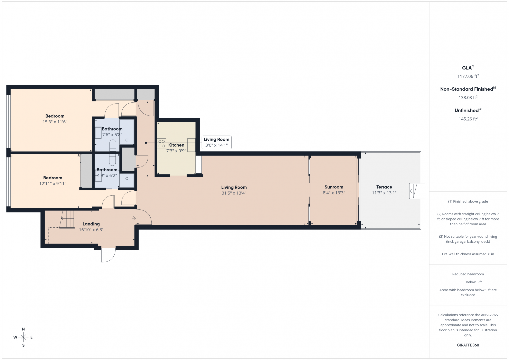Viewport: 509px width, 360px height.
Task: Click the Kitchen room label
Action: pyautogui.click(x=176, y=145)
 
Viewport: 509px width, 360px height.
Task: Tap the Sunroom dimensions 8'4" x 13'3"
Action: pyautogui.click(x=334, y=193)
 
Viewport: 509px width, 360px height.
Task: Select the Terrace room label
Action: pyautogui.click(x=384, y=187)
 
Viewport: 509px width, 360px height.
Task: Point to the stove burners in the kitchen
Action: pyautogui.click(x=162, y=144)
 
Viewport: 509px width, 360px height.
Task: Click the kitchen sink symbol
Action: pyautogui.click(x=191, y=145)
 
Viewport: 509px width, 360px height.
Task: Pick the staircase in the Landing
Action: pyautogui.click(x=67, y=219)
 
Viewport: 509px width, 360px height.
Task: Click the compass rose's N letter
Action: pyautogui.click(x=23, y=329)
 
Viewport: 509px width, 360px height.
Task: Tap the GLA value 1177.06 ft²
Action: pyautogui.click(x=468, y=76)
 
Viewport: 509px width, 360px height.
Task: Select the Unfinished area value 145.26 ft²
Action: pyautogui.click(x=468, y=119)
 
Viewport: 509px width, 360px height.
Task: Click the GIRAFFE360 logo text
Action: pyautogui.click(x=468, y=345)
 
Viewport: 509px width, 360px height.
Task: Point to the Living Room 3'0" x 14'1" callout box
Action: pyautogui.click(x=216, y=142)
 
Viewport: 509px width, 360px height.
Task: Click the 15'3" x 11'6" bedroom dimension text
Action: pyautogui.click(x=55, y=122)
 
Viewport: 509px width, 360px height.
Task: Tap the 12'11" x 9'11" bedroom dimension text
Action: pyautogui.click(x=53, y=184)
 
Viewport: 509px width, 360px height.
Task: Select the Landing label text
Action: pyautogui.click(x=91, y=224)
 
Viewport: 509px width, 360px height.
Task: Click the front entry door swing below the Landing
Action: pyautogui.click(x=108, y=255)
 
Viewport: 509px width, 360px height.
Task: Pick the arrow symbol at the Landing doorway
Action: pyautogui.click(x=134, y=218)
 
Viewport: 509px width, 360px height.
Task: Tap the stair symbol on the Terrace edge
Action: pyautogui.click(x=417, y=191)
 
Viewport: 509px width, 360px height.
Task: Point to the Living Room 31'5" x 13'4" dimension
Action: pyautogui.click(x=234, y=193)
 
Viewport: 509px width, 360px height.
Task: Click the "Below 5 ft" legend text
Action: pyautogui.click(x=474, y=282)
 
